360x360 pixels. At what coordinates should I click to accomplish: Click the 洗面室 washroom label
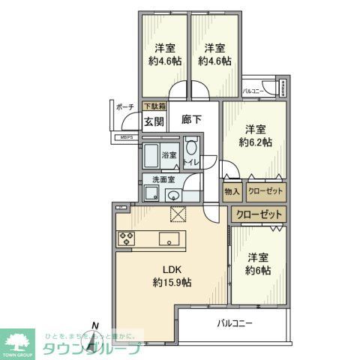[163, 180]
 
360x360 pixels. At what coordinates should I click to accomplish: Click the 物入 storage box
[232, 192]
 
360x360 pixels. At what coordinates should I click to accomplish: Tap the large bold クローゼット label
[259, 215]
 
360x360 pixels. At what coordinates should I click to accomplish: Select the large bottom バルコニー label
[235, 325]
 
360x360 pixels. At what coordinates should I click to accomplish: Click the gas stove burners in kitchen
[125, 239]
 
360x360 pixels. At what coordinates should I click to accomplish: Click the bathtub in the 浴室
[152, 157]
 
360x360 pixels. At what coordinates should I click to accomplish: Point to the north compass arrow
[94, 331]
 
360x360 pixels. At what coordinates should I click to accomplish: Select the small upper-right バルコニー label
[252, 91]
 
